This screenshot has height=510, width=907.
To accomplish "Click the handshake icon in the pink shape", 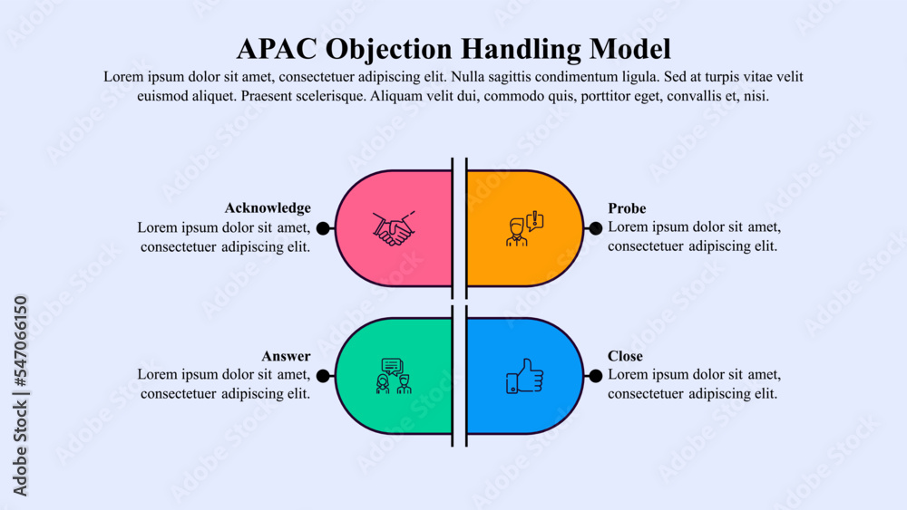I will coord(393,229).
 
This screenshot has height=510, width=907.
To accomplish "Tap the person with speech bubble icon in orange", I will coord(523,230).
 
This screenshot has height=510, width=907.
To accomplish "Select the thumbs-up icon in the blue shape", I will coord(523,376).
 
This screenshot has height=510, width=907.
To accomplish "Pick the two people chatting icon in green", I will coord(393,376).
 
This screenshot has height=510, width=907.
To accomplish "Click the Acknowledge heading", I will coord(268,208).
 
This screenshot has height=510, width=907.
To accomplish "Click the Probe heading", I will coord(627,208).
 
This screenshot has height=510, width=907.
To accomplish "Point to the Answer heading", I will coord(286,356).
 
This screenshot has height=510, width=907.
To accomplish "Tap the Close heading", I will coord(625,356).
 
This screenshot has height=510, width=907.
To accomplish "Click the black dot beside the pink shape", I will coord(323,229).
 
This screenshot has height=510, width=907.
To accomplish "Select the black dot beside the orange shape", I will coord(595,229).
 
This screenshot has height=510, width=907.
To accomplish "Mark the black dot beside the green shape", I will coord(323,376).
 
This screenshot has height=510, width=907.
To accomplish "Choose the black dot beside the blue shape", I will coord(595,376).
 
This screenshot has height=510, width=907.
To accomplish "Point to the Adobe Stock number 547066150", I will coord(21,343).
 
